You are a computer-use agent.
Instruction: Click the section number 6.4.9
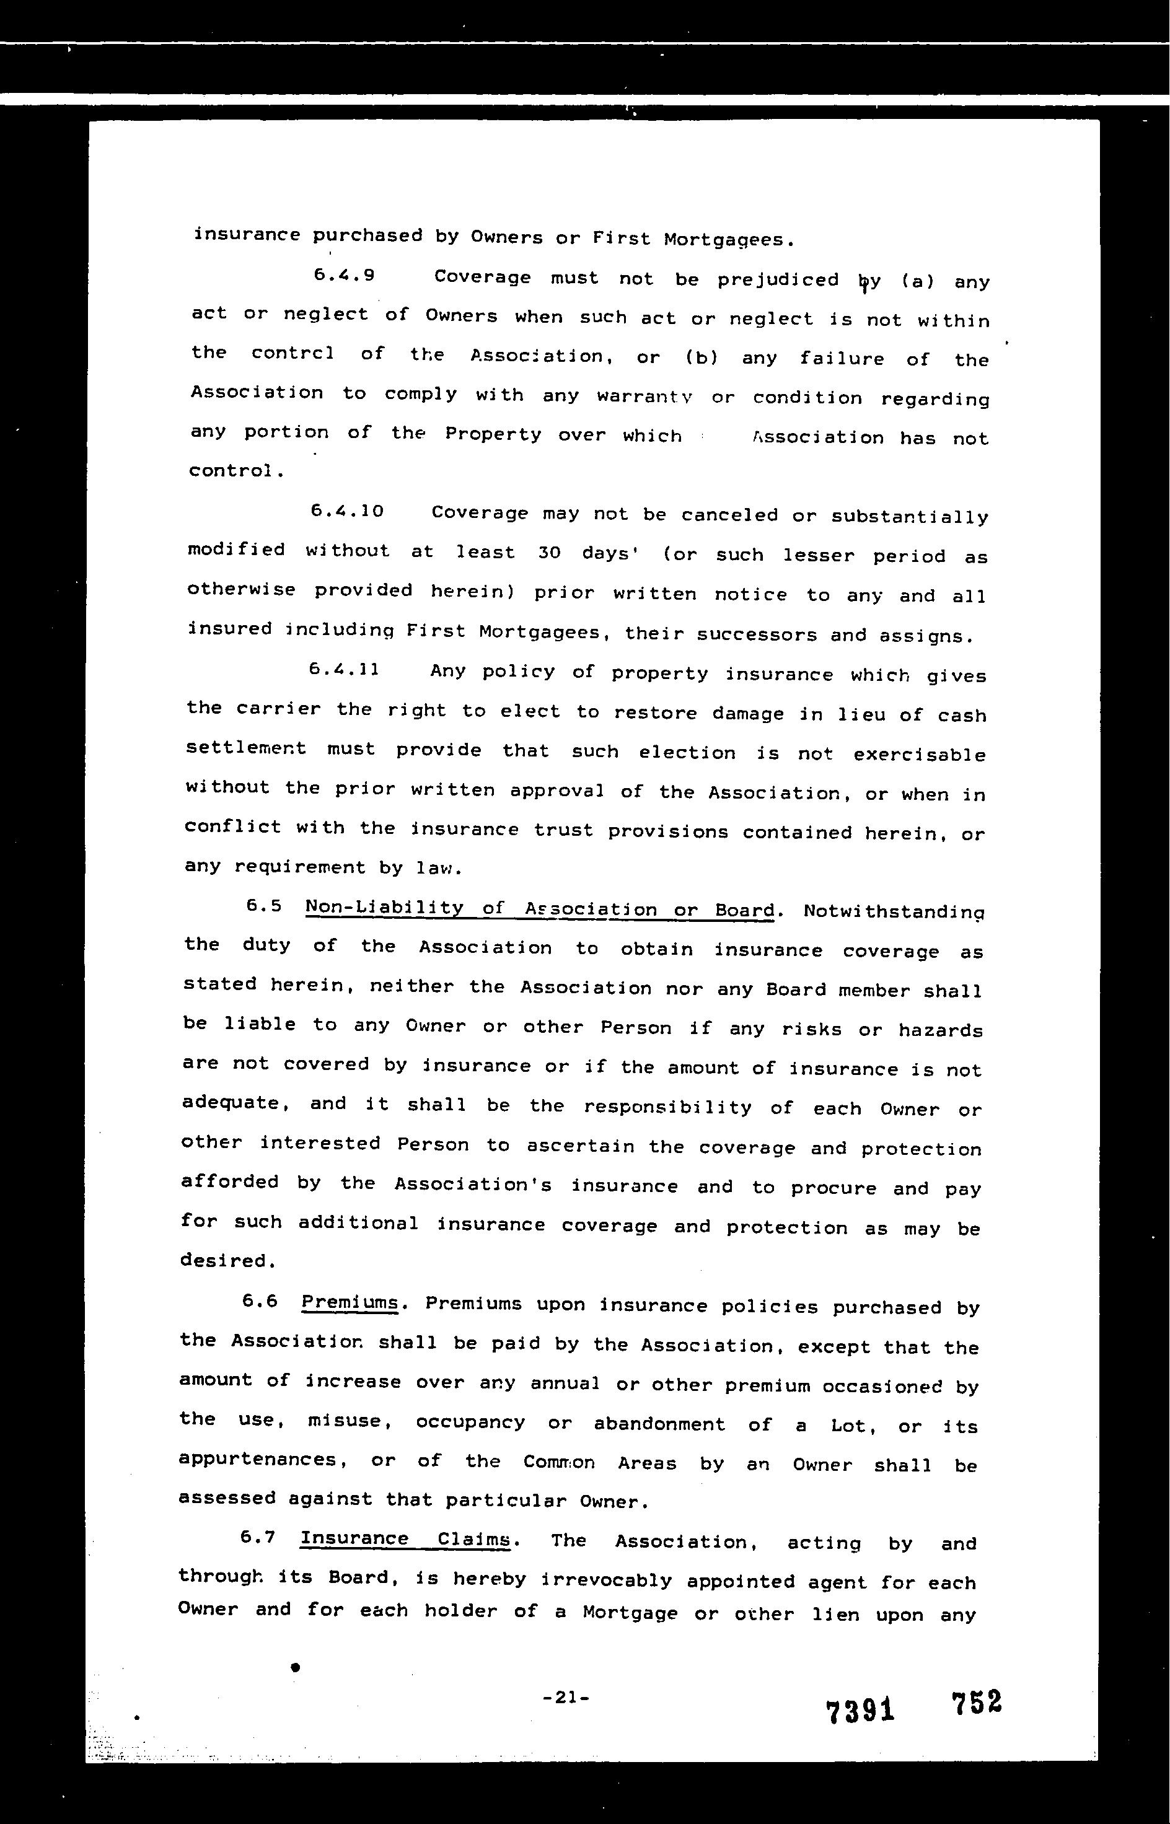click(x=343, y=276)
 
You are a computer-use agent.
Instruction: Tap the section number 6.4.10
click(x=347, y=511)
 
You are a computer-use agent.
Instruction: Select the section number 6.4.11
click(x=344, y=670)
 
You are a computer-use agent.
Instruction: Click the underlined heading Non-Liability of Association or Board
click(x=539, y=909)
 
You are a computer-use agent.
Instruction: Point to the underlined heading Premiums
click(x=350, y=1303)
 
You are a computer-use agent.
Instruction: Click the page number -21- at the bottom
click(x=566, y=1696)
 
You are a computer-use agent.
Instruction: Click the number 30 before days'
click(x=548, y=553)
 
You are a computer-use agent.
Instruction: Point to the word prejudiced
click(x=778, y=280)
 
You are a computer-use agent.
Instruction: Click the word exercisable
click(x=919, y=755)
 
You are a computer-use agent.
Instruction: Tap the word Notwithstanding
click(x=894, y=911)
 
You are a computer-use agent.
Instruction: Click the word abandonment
click(x=659, y=1424)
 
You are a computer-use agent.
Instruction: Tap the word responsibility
click(x=667, y=1107)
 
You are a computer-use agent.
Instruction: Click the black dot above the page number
click(x=296, y=1666)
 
